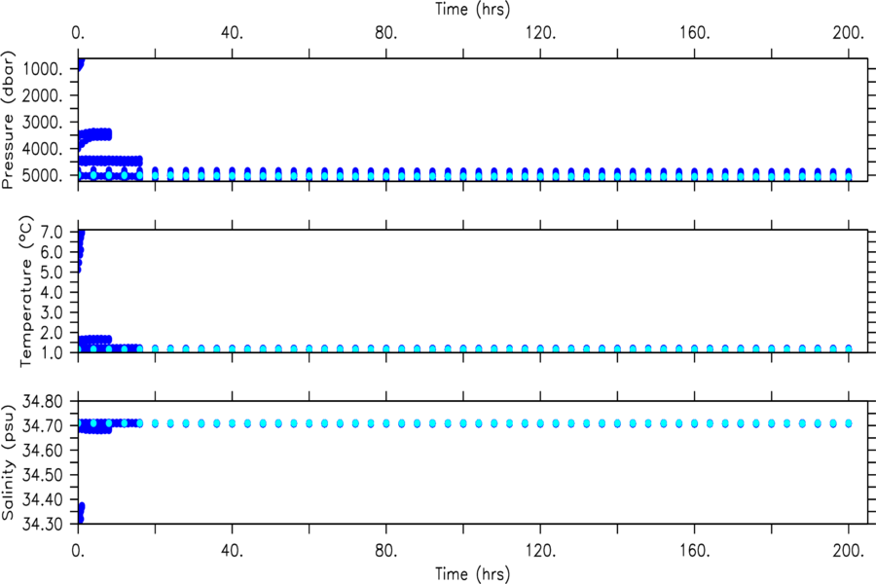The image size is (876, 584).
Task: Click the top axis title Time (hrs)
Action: [x=473, y=9]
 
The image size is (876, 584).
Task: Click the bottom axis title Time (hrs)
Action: [x=473, y=574]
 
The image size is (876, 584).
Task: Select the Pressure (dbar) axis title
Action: [x=8, y=120]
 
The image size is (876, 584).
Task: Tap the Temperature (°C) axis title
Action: [x=27, y=291]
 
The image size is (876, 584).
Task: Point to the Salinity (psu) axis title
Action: [x=8, y=461]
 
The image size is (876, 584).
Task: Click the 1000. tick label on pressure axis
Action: [x=43, y=69]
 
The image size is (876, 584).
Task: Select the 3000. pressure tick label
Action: [x=43, y=122]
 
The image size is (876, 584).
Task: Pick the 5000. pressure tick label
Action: [x=43, y=175]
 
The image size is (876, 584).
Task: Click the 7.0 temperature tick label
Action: [x=51, y=232]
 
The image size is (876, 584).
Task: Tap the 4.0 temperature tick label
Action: [x=51, y=292]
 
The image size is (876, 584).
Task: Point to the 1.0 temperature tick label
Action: [x=51, y=352]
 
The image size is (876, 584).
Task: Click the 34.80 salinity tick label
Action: [x=43, y=401]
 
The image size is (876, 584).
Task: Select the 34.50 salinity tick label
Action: [x=43, y=474]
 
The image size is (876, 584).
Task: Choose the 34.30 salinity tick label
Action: [x=43, y=524]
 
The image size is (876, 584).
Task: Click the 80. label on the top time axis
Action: [x=386, y=32]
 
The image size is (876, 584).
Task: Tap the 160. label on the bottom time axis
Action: [x=694, y=551]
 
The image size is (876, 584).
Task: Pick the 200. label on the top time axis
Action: [x=849, y=32]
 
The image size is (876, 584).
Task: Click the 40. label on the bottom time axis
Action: [x=233, y=551]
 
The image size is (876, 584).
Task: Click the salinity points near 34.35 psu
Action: [x=81, y=512]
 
